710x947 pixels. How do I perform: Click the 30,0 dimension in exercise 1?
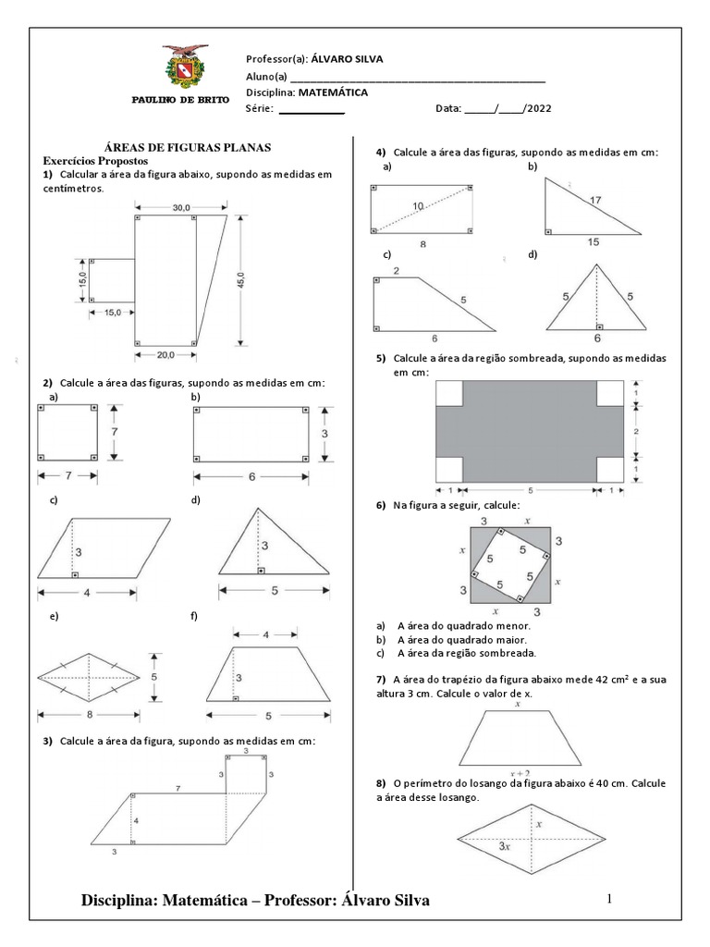click(x=180, y=208)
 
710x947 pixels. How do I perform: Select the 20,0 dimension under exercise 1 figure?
click(x=165, y=353)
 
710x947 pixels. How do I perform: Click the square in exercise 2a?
click(x=67, y=433)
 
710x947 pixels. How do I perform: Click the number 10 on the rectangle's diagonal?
click(x=419, y=205)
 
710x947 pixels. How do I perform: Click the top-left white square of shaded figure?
click(x=448, y=393)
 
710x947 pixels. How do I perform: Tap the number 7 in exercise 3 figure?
click(x=177, y=786)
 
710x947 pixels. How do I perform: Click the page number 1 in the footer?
click(x=610, y=899)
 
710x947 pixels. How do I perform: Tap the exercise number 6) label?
click(x=380, y=506)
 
